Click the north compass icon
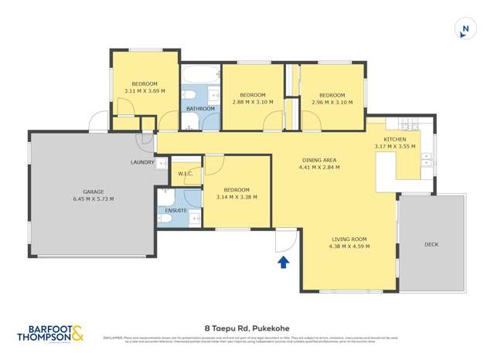465,29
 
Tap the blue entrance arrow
284,263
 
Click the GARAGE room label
94,192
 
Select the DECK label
431,244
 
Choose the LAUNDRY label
143,162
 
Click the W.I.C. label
185,174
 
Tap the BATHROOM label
200,109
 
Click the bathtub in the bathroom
200,76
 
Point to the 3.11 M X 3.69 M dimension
145,91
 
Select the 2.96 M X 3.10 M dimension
332,102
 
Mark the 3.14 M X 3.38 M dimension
237,197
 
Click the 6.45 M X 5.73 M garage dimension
94,199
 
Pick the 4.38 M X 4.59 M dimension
349,246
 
